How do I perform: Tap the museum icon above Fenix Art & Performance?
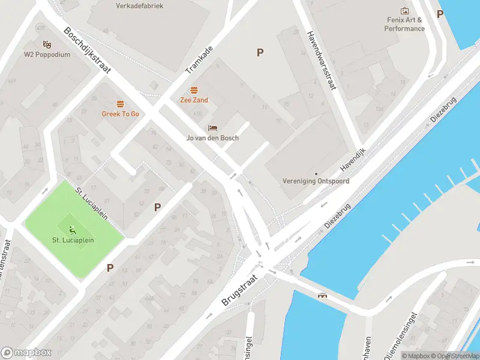(404, 11)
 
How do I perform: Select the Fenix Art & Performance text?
(404, 25)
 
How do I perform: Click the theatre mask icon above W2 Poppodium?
(47, 44)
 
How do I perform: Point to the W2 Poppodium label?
(47, 55)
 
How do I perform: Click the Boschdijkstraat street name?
(88, 50)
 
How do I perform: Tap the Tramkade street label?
(199, 60)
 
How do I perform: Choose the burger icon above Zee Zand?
(194, 90)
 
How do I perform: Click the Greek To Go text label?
(120, 114)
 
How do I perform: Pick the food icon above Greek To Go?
(120, 104)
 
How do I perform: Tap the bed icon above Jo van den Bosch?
(212, 128)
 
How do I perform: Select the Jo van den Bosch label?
(212, 138)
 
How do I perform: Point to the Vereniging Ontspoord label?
(316, 181)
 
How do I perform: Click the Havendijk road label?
(352, 160)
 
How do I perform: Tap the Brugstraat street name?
(238, 291)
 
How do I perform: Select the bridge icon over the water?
(323, 295)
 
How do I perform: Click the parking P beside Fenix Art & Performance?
(440, 14)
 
